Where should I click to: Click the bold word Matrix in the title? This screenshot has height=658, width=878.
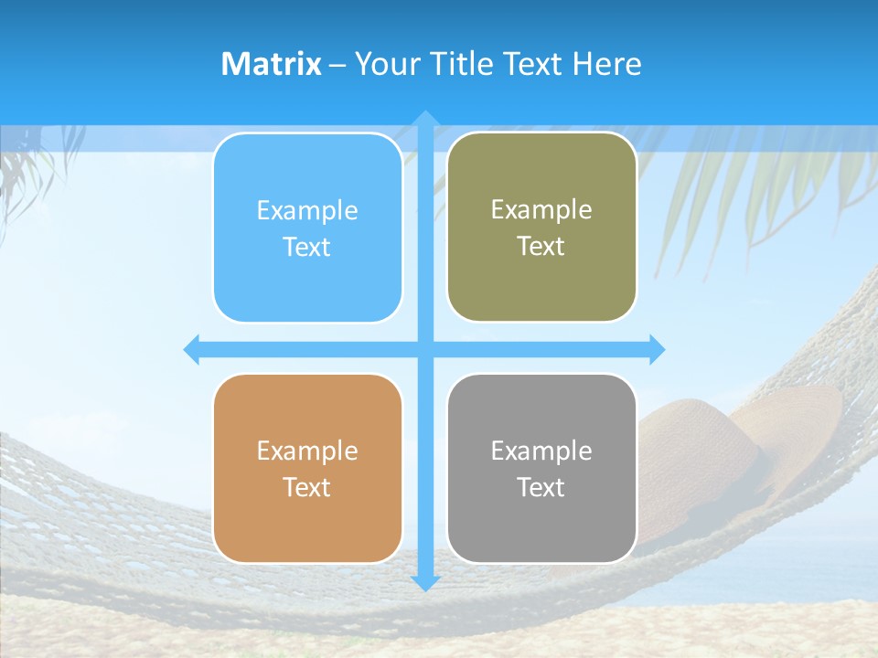point(271,64)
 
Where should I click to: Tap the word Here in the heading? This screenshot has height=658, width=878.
point(606,64)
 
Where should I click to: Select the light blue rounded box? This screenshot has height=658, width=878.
point(307,228)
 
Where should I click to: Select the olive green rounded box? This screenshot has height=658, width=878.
point(541,228)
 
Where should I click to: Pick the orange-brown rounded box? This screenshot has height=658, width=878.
point(307,468)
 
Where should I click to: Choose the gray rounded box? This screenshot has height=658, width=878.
point(541,468)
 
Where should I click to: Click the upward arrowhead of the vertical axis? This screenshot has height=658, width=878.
point(425,119)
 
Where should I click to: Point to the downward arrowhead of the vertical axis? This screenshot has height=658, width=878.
point(425,582)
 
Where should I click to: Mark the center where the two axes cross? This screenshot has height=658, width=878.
point(425,349)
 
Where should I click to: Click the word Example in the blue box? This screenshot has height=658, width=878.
point(307,210)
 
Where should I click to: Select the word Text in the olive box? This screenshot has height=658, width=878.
point(541,247)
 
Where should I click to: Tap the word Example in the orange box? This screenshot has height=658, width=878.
point(307,451)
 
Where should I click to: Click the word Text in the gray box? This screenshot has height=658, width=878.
point(541,487)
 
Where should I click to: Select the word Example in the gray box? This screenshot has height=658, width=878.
point(541,451)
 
